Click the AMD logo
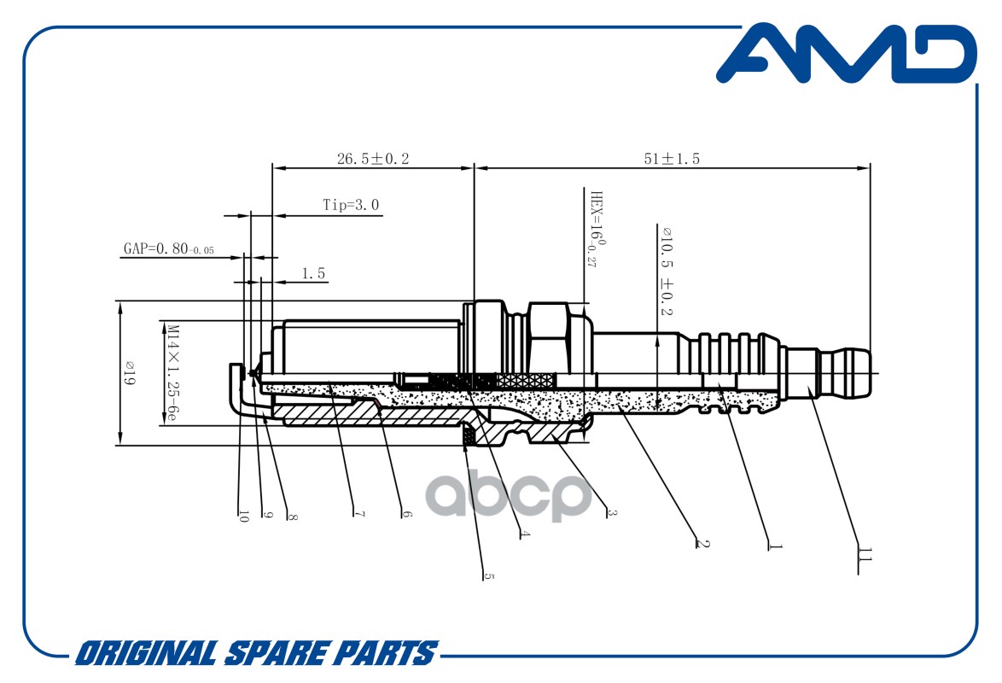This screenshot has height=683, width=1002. tap(846, 54)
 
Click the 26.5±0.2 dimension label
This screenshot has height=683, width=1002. tap(373, 159)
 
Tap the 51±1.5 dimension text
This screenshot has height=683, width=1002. tap(672, 159)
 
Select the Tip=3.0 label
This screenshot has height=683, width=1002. tap(351, 205)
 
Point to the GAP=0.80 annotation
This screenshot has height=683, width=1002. tap(169, 248)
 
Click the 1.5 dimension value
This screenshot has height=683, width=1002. tap(313, 273)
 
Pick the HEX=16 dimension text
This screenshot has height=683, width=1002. tap(597, 228)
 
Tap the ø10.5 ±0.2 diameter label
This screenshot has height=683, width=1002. tap(666, 271)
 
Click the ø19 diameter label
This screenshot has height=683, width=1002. tap(130, 372)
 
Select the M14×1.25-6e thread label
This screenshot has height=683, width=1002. tap(172, 372)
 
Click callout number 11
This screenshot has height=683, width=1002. tap(865, 554)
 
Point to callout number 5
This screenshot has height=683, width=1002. tap(489, 575)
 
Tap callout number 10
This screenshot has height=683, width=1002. tap(242, 516)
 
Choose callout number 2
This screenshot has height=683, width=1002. tap(702, 543)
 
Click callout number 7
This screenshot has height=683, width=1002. tap(359, 513)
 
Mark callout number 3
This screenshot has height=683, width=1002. tap(612, 511)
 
